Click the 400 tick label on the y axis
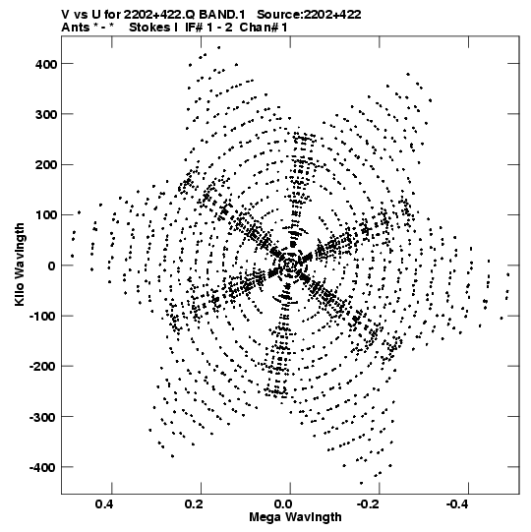[x=46, y=64]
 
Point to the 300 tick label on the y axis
[x=46, y=115]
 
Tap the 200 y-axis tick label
[x=46, y=165]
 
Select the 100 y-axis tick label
[x=46, y=215]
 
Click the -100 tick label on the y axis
[x=43, y=317]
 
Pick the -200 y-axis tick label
[x=43, y=367]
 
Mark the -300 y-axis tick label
[x=43, y=417]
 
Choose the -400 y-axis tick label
[x=43, y=468]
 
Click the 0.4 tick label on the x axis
[x=104, y=504]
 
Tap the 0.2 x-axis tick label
[x=194, y=504]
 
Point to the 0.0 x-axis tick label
[x=283, y=504]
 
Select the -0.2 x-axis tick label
[x=370, y=504]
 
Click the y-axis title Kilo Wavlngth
[x=20, y=265]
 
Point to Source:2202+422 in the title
[x=309, y=15]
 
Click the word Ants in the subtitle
[x=76, y=28]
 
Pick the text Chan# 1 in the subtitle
[x=264, y=28]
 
